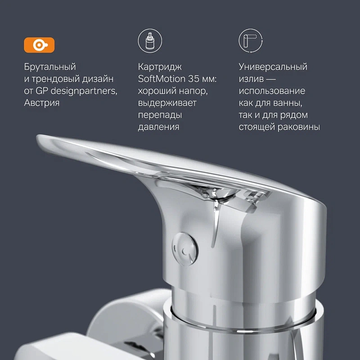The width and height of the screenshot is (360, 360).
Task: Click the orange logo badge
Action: pyautogui.click(x=39, y=45)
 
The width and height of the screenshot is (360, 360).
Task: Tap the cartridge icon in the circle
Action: pyautogui.click(x=150, y=40)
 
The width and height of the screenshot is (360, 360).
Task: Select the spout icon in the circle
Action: pyautogui.click(x=250, y=40)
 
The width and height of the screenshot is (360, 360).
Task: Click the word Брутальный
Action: pyautogui.click(x=50, y=67)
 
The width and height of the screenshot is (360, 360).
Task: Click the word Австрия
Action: pyautogui.click(x=41, y=103)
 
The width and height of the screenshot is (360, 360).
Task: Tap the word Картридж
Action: pyautogui.click(x=160, y=67)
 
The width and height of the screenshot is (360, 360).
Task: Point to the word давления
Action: pyautogui.click(x=158, y=127)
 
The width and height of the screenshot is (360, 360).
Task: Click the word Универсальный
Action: pyautogui.click(x=273, y=67)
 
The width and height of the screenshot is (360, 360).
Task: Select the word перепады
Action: pyautogui.click(x=160, y=115)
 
